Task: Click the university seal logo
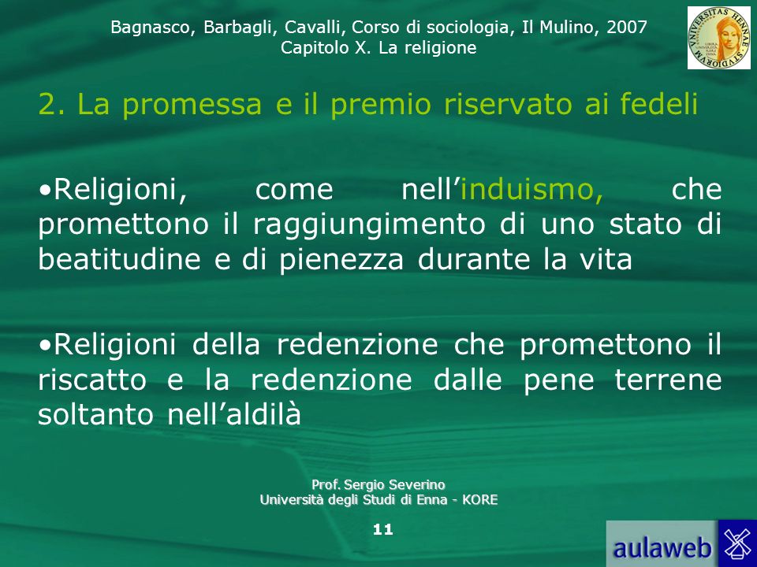pyautogui.click(x=719, y=38)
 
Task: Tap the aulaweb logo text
pyautogui.click(x=662, y=548)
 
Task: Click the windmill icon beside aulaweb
pyautogui.click(x=738, y=543)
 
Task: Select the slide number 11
pyautogui.click(x=383, y=530)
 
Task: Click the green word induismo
pyautogui.click(x=531, y=189)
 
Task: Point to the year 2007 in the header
pyautogui.click(x=627, y=28)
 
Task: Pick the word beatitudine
pyautogui.click(x=119, y=259)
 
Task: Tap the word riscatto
pyautogui.click(x=92, y=380)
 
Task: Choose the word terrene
pyautogui.click(x=668, y=380)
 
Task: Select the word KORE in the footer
pyautogui.click(x=479, y=500)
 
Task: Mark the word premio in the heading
pyautogui.click(x=380, y=105)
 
